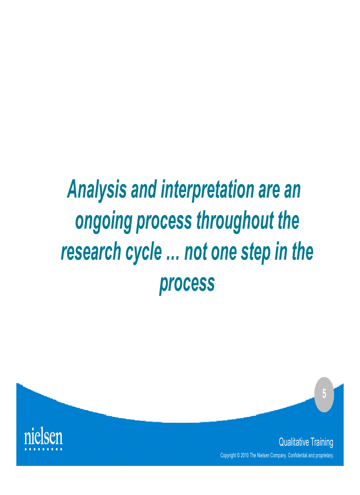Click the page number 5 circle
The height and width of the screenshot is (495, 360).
pyautogui.click(x=324, y=394)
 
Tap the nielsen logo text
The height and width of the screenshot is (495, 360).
pyautogui.click(x=43, y=437)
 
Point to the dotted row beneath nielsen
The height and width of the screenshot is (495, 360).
pyautogui.click(x=43, y=449)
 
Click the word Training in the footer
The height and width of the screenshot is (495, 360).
pyautogui.click(x=322, y=442)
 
